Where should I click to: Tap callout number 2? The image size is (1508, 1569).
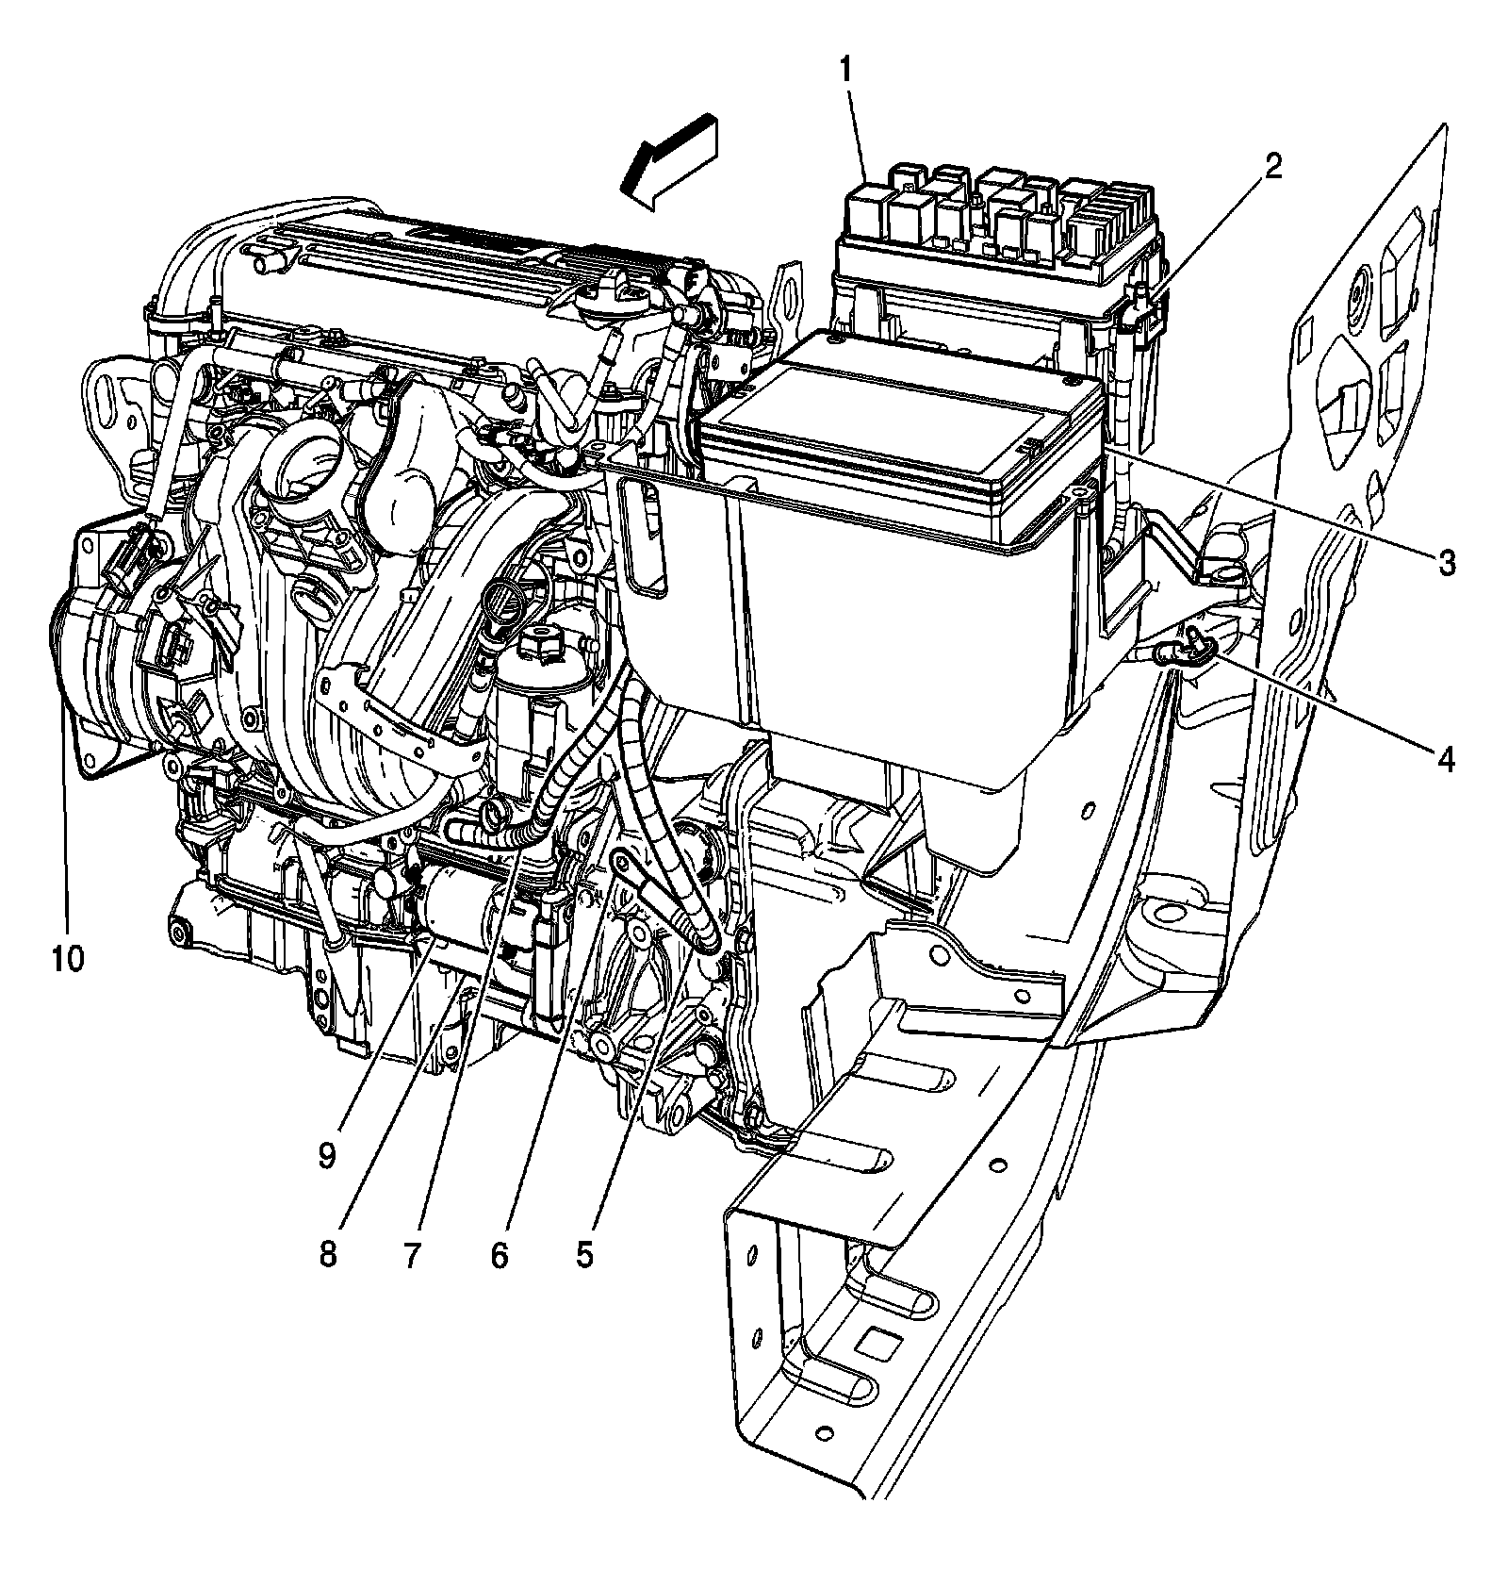coord(1272,167)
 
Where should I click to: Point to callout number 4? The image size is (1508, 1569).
coord(1445,757)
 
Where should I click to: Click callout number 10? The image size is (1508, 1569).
coord(68,959)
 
